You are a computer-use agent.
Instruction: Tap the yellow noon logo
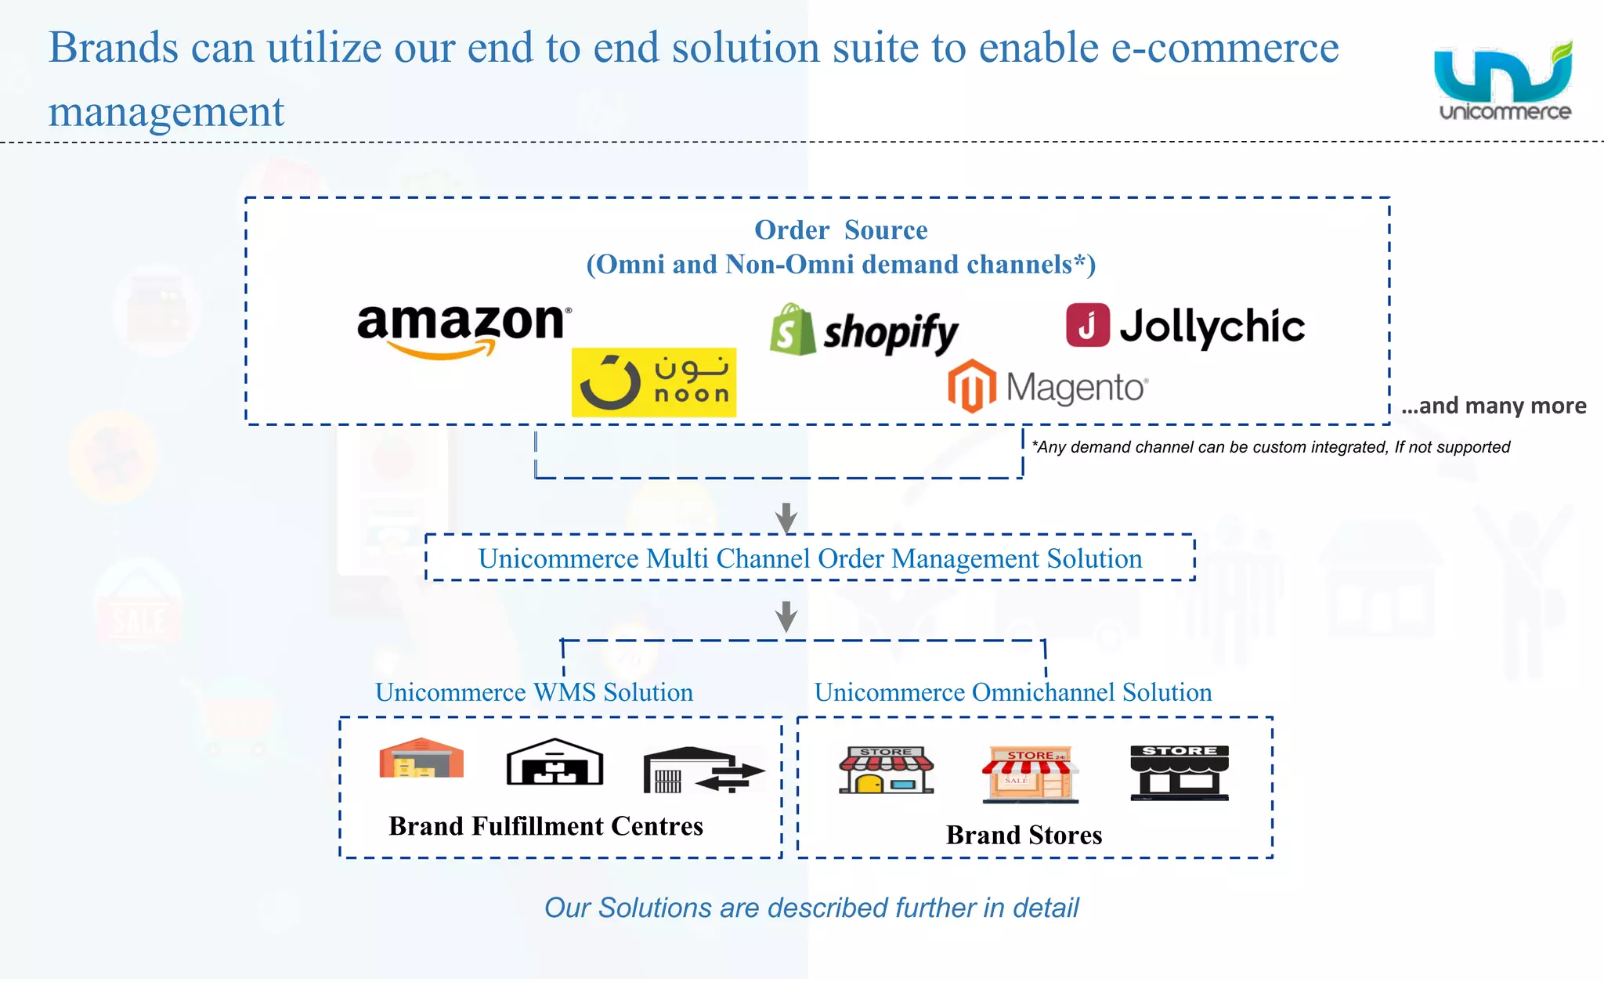tap(653, 382)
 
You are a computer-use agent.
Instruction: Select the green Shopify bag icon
tap(792, 330)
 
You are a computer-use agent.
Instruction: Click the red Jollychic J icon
tap(1087, 325)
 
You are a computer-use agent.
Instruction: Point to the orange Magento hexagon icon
tap(971, 386)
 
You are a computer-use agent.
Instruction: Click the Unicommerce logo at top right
tap(1504, 81)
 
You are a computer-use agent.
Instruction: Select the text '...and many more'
tap(1494, 406)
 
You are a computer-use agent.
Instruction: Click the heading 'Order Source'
tap(840, 230)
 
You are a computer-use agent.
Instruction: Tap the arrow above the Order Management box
tap(786, 517)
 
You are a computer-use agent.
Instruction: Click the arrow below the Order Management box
tap(786, 616)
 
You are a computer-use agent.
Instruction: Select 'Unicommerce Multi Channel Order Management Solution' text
tap(810, 558)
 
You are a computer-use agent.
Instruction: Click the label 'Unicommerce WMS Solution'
tap(534, 692)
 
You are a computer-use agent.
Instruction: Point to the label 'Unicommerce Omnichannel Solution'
tap(1013, 692)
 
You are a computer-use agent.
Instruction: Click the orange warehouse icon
tap(421, 758)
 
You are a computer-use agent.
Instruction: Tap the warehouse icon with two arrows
tap(703, 770)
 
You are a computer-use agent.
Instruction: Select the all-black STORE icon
tap(1179, 772)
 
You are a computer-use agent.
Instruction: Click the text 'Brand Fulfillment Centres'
tap(545, 826)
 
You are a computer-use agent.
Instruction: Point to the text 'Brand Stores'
tap(1024, 835)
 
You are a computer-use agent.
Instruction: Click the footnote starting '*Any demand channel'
tap(1270, 447)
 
